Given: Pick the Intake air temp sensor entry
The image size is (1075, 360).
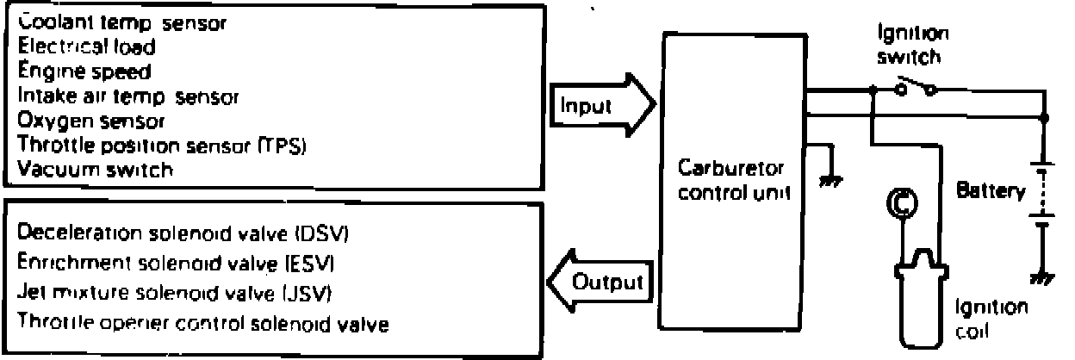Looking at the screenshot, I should (x=127, y=96).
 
